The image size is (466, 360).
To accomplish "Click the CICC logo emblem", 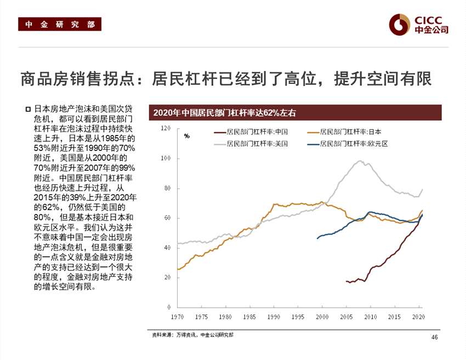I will [400, 24].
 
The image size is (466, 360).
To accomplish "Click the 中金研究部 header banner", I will [60, 24].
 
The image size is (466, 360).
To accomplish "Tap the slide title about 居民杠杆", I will [225, 78].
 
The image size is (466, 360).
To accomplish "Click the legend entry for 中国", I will [251, 132].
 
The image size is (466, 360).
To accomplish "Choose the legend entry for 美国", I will [251, 143].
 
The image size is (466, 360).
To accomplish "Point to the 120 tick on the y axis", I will [165, 128].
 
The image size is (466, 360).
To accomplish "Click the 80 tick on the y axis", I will [167, 188].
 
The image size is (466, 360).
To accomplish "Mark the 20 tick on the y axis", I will [167, 277].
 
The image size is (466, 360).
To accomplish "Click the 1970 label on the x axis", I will [177, 317].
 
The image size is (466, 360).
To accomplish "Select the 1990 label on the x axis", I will [274, 317].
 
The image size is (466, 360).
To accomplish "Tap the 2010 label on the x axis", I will [371, 317].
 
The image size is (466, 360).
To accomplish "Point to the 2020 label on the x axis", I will [419, 317].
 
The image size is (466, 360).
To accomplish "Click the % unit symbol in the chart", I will [187, 136].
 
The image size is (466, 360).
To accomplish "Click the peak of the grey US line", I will [360, 161].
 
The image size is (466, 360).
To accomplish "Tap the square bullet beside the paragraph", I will [28, 109].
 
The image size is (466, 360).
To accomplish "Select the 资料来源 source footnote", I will [192, 335].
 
